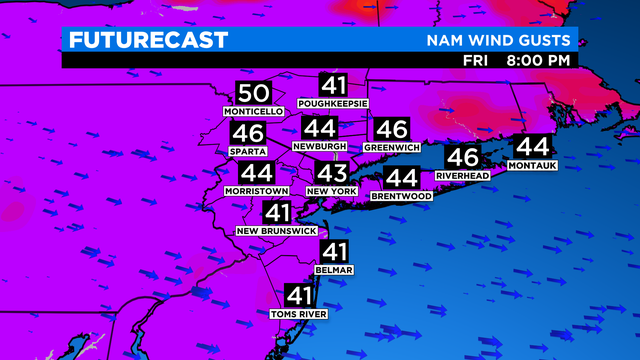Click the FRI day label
pos(476,60)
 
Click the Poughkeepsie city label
pos(332,104)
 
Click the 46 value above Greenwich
pos(392,129)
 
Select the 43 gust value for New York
pos(331,172)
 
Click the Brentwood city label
pos(401,196)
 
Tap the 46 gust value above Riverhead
pos(462,157)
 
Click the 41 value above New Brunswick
pos(277,212)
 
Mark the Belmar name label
pos(333,269)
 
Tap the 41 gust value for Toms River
pos(299,295)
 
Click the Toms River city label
pos(299,314)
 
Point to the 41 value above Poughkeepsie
pos(332,85)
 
